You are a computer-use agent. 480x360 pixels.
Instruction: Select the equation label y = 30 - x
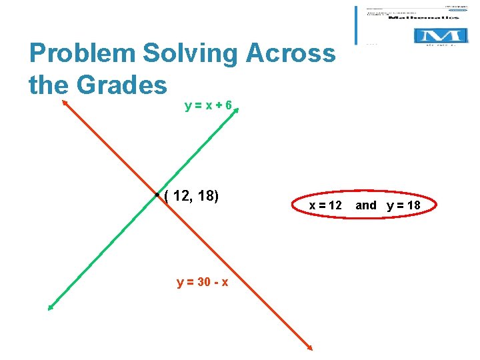[203, 282]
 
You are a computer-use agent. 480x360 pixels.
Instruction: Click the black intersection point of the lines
[156, 195]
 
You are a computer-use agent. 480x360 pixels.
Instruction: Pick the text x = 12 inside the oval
[325, 205]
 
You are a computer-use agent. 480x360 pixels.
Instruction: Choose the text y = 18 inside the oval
[403, 205]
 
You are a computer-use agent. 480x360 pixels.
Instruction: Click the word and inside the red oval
[365, 205]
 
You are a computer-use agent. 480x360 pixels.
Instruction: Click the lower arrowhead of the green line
[50, 307]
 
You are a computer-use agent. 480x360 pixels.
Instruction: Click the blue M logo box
[438, 35]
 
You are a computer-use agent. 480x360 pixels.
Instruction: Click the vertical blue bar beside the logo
[357, 25]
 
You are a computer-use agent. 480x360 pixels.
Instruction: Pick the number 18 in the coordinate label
[207, 195]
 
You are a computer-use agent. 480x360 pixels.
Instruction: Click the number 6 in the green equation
[228, 105]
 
